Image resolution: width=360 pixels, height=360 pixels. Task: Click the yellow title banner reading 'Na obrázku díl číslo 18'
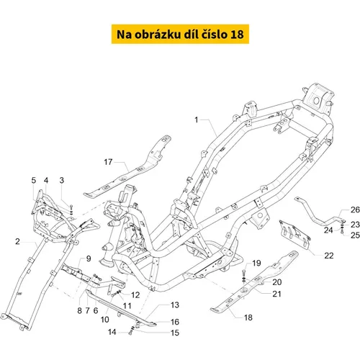pyautogui.click(x=180, y=34)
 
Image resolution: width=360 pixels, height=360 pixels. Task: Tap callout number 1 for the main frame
pyautogui.click(x=197, y=120)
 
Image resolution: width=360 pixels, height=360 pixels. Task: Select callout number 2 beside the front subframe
pyautogui.click(x=17, y=241)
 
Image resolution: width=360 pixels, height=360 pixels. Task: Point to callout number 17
pyautogui.click(x=108, y=162)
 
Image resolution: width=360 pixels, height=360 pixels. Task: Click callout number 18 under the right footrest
pyautogui.click(x=248, y=318)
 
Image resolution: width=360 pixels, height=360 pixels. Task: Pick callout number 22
pyautogui.click(x=329, y=256)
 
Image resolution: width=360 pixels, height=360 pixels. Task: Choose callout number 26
pyautogui.click(x=355, y=210)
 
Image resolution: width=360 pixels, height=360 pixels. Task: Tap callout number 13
pyautogui.click(x=175, y=305)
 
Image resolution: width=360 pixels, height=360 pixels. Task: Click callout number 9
pyautogui.click(x=89, y=258)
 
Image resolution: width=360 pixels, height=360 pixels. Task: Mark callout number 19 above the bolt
pyautogui.click(x=256, y=263)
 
